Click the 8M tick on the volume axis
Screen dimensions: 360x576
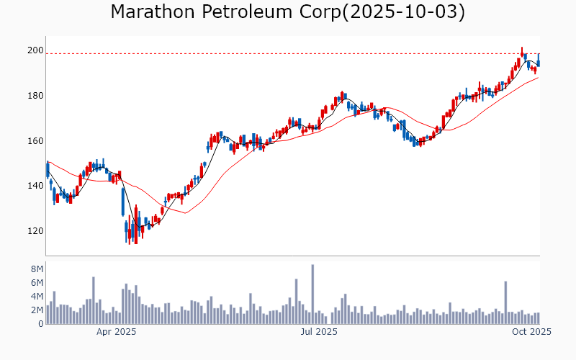tap(37, 269)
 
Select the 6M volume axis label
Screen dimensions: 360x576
tap(37, 282)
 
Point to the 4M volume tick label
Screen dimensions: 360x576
tap(37, 296)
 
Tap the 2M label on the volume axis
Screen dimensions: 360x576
tap(37, 310)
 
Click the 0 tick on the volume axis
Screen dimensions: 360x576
tap(40, 324)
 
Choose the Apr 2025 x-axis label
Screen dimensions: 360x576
tap(117, 332)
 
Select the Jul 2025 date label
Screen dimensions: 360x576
tap(319, 332)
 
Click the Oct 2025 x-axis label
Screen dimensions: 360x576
tap(531, 332)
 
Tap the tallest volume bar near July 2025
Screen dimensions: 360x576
tap(312, 294)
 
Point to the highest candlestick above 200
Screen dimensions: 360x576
tap(522, 53)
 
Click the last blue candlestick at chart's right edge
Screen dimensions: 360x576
tap(539, 60)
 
